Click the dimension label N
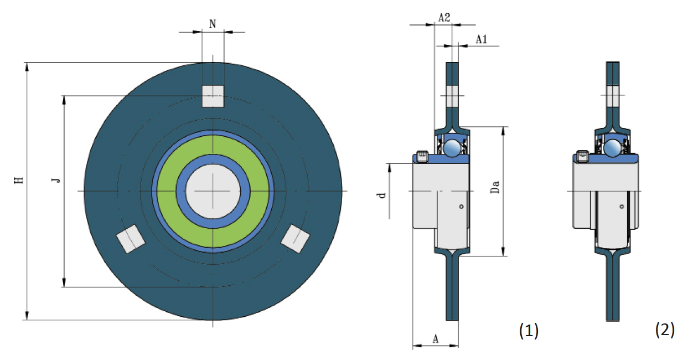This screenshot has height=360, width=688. click(213, 23)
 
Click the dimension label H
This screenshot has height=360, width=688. click(19, 180)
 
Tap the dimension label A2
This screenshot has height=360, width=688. click(444, 18)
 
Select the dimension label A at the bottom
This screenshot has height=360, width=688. click(435, 339)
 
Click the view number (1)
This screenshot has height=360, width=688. click(528, 331)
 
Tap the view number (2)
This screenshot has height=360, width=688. click(665, 330)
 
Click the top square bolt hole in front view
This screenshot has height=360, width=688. click(213, 96)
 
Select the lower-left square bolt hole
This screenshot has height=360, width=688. click(131, 239)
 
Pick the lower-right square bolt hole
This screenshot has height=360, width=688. click(295, 238)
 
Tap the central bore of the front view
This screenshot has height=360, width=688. click(213, 191)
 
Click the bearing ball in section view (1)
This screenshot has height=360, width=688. click(452, 148)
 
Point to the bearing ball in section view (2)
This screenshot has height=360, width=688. click(612, 148)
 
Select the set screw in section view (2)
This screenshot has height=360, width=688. click(582, 156)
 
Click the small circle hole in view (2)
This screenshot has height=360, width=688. click(622, 207)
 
